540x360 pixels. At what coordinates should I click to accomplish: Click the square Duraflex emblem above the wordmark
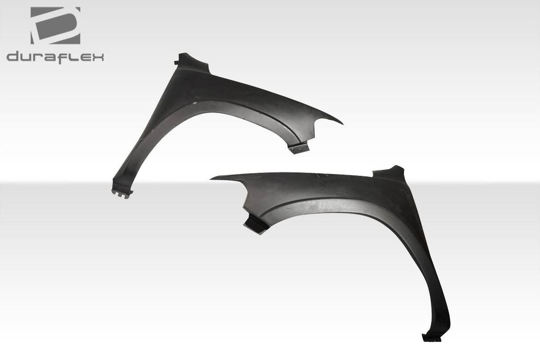(55, 25)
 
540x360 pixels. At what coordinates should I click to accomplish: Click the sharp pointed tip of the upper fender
(341, 123)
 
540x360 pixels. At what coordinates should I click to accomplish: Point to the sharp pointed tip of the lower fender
(213, 178)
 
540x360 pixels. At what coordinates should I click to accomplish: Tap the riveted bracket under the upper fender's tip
(298, 148)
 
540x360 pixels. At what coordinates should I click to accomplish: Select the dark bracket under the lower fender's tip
(254, 223)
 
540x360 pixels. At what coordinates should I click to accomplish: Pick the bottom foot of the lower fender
(431, 337)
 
